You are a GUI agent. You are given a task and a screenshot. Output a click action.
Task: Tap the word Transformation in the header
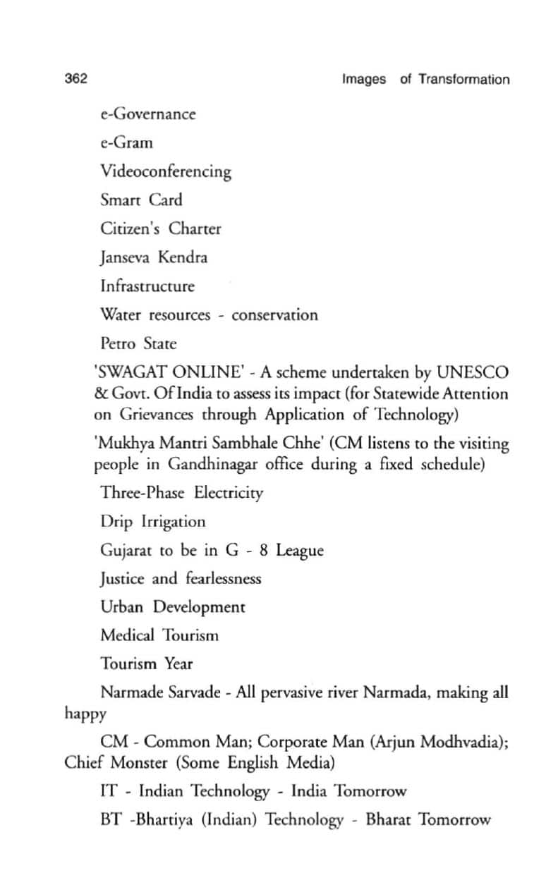[x=463, y=79]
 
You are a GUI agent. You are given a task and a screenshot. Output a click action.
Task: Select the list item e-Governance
[x=147, y=114]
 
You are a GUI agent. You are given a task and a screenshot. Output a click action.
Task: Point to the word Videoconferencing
[x=166, y=171]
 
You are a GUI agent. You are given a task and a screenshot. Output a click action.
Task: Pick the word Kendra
[x=183, y=257]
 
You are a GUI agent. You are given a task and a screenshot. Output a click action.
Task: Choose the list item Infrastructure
[x=147, y=286]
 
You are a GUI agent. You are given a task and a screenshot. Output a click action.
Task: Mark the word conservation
[x=274, y=315]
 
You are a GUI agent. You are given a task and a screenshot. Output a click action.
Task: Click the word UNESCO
[x=472, y=372]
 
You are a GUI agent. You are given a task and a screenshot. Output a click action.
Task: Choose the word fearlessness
[x=224, y=578]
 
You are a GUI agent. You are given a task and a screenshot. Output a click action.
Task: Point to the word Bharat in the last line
[x=389, y=820]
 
